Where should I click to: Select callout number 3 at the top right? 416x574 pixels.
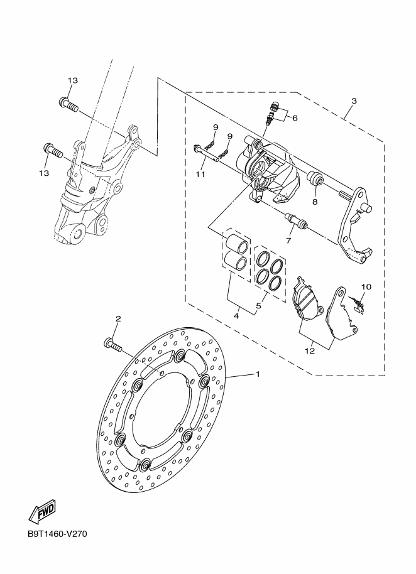(354, 101)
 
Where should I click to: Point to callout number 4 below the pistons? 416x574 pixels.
(236, 317)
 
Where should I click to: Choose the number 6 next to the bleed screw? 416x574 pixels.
(295, 117)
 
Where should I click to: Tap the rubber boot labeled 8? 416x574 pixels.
(315, 182)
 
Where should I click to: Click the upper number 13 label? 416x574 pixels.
(73, 81)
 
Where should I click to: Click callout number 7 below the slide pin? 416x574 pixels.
(288, 241)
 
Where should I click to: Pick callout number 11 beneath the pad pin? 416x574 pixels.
(200, 174)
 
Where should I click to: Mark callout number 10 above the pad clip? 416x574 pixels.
(366, 286)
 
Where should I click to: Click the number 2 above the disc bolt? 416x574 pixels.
(118, 320)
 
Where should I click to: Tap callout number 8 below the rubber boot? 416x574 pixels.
(314, 202)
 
